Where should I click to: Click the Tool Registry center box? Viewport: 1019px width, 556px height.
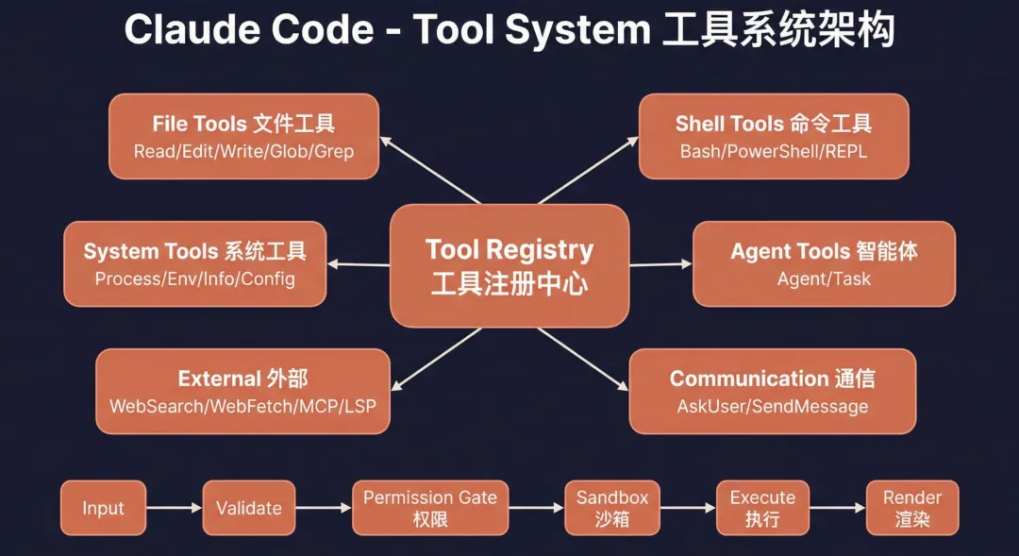(509, 265)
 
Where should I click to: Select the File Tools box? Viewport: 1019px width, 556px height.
(243, 136)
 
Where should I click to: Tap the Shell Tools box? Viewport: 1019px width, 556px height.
(774, 136)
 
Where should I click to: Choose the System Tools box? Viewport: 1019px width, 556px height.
(195, 263)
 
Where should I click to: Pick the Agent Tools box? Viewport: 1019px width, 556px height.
(824, 263)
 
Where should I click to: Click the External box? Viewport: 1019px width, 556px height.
(242, 391)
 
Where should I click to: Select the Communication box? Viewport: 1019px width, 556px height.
(772, 391)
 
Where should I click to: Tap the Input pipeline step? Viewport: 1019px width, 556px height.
(104, 508)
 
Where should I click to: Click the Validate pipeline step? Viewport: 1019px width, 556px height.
(249, 508)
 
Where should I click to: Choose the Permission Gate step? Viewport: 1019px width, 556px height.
(430, 508)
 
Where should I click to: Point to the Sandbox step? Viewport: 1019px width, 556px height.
(612, 508)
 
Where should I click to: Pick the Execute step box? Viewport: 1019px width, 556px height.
(762, 508)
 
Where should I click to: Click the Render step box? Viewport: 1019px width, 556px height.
(911, 508)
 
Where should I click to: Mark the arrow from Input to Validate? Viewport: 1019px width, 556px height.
(175, 508)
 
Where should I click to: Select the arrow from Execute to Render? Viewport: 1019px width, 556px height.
(837, 508)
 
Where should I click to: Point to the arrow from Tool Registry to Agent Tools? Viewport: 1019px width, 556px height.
(660, 264)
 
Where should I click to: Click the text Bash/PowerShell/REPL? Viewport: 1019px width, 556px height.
(774, 151)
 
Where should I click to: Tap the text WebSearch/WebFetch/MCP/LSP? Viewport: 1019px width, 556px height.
(242, 406)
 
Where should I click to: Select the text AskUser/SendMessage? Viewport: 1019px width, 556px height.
(772, 406)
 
